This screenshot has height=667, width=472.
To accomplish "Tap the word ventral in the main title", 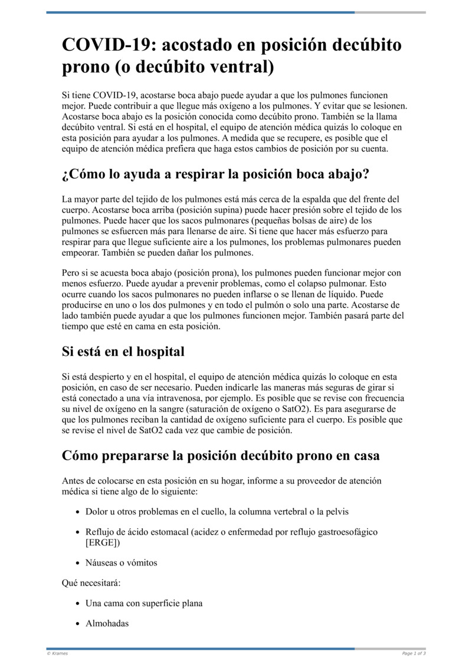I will tap(238, 67).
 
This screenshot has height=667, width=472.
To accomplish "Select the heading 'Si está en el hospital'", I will tap(123, 352).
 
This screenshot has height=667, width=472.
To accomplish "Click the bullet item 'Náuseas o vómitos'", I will tap(121, 563).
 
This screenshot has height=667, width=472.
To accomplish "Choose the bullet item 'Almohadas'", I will tap(107, 623).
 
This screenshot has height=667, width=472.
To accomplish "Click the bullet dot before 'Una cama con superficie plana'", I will tap(78, 604).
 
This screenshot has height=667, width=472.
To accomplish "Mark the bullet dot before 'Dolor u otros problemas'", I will tap(78, 512).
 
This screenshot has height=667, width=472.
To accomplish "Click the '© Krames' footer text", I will tap(57, 653).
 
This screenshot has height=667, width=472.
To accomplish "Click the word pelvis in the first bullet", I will tap(344, 511).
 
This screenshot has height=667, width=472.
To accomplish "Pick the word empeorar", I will tap(80, 252).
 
